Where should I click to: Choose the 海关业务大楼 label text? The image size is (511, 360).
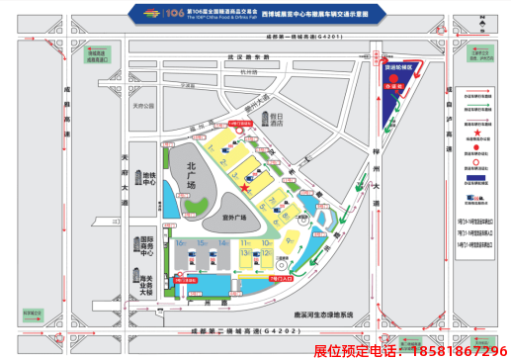pos(145,287)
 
